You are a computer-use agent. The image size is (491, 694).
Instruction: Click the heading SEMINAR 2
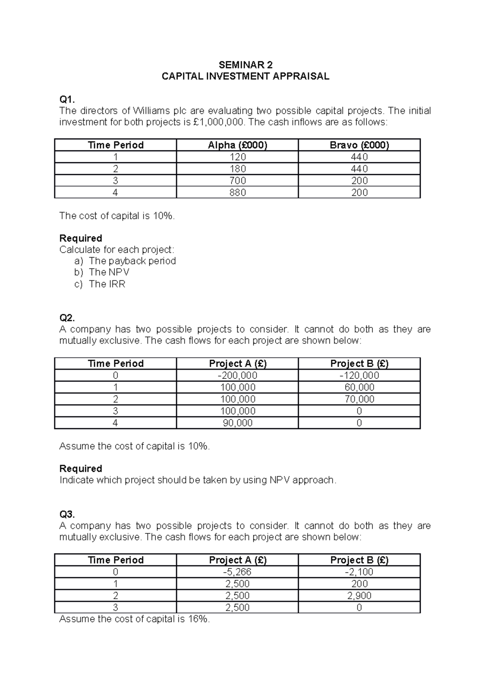click(x=245, y=65)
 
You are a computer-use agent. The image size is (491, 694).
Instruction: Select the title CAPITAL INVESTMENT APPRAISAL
click(x=245, y=76)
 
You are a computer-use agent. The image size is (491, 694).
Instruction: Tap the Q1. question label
click(x=67, y=99)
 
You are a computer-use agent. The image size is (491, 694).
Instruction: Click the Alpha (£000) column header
click(x=237, y=145)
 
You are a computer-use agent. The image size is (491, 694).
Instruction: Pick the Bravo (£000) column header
click(x=359, y=145)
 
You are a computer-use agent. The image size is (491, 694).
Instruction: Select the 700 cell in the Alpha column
click(x=237, y=181)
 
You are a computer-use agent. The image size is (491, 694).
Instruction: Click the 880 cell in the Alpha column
click(x=237, y=193)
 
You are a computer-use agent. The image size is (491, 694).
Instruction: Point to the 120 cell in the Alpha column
click(x=237, y=157)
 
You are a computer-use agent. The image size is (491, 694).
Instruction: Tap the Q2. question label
click(x=67, y=318)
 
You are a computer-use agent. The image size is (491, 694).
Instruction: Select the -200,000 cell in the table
click(x=237, y=376)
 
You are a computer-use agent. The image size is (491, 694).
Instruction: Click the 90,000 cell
click(x=237, y=423)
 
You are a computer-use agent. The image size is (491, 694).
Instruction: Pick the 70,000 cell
click(x=359, y=399)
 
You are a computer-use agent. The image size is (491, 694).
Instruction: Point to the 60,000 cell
click(x=359, y=387)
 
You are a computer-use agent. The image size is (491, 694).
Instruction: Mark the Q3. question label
click(x=67, y=514)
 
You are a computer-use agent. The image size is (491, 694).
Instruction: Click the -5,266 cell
click(x=237, y=572)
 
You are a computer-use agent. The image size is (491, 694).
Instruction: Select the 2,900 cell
click(x=359, y=595)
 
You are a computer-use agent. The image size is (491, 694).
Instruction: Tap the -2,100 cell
click(x=359, y=572)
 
